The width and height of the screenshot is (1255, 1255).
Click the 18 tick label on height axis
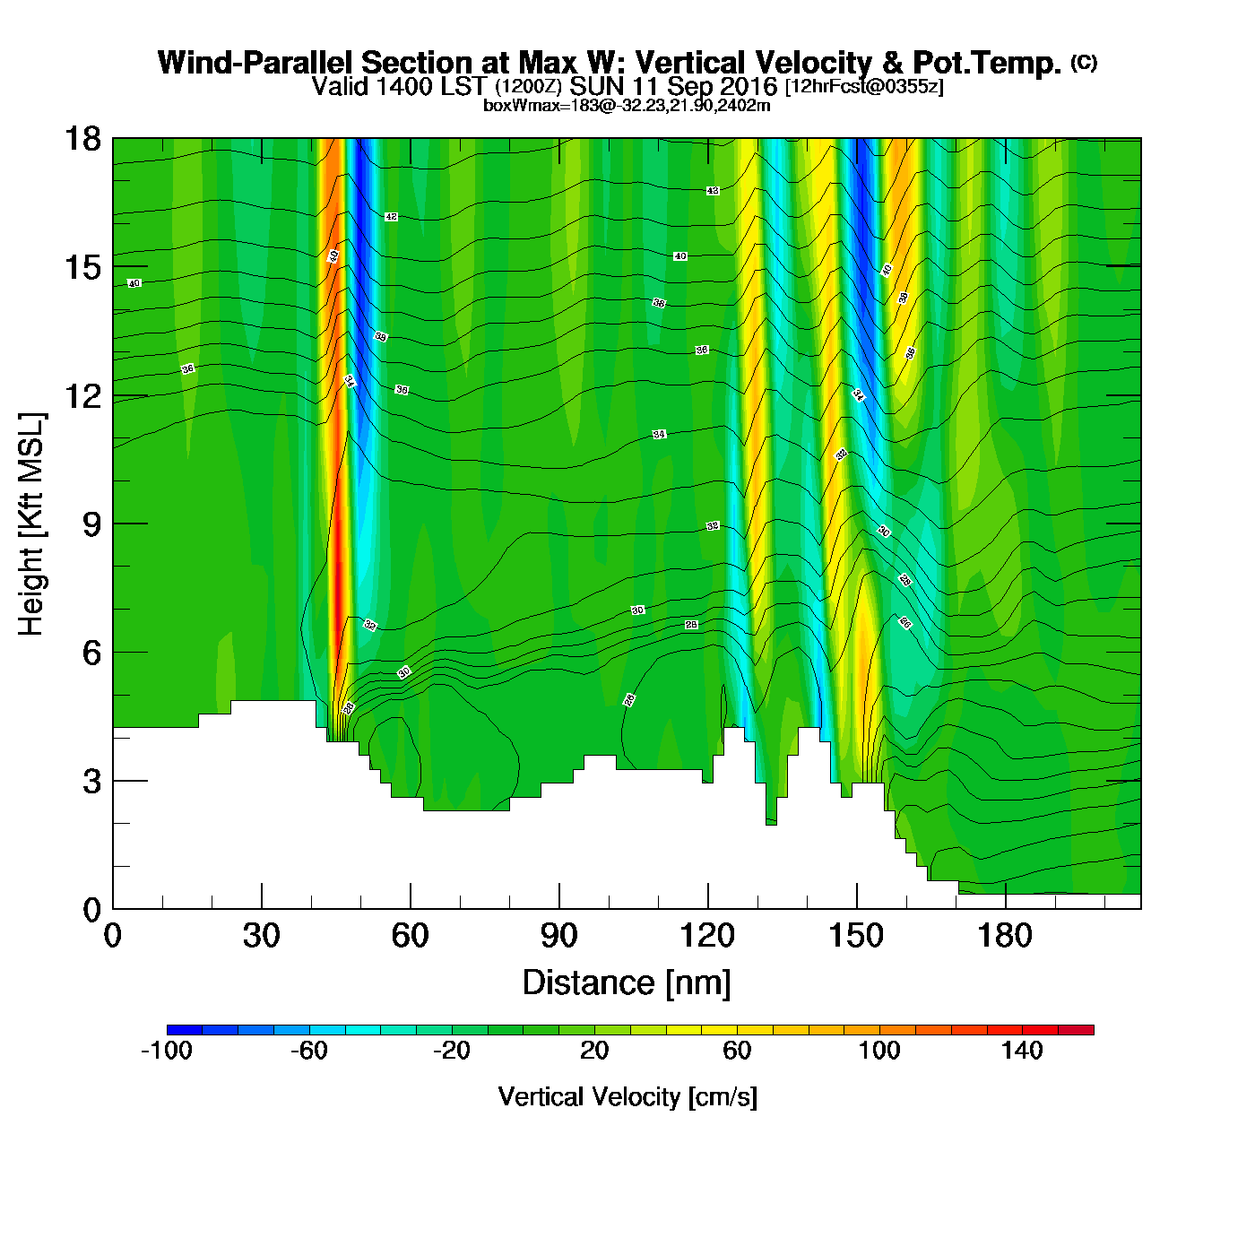point(82,139)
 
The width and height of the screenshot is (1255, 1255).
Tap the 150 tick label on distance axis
point(856,936)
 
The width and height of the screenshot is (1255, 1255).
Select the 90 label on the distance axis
point(558,936)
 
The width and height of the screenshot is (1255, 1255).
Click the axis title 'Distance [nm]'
point(627,982)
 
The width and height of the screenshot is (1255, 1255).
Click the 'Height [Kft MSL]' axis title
point(31,524)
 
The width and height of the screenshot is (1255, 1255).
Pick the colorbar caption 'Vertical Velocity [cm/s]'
point(627,1096)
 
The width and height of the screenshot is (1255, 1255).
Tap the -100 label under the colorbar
point(167,1051)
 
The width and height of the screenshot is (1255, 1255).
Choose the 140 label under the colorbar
point(1022,1051)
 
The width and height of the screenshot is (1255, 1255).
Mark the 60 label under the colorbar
point(737,1051)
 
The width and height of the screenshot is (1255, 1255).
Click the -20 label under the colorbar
point(451,1051)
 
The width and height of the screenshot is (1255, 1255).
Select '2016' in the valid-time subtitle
point(749,87)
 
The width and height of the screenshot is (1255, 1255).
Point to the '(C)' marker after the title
point(1084,62)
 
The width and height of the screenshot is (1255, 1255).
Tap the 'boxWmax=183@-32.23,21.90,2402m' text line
point(627,105)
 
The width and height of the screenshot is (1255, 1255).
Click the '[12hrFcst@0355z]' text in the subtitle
point(864,87)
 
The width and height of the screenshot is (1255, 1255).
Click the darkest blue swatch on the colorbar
point(185,1030)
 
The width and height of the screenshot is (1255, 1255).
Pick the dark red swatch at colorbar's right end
point(1076,1030)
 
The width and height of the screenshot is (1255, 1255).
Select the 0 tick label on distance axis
point(113,936)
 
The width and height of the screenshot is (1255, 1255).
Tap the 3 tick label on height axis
point(91,782)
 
